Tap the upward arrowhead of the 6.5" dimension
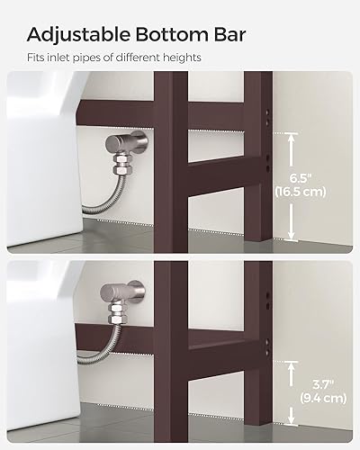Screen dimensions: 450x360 click(292, 137)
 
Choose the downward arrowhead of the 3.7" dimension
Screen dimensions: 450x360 click(292, 420)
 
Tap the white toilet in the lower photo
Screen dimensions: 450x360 click(45, 306)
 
